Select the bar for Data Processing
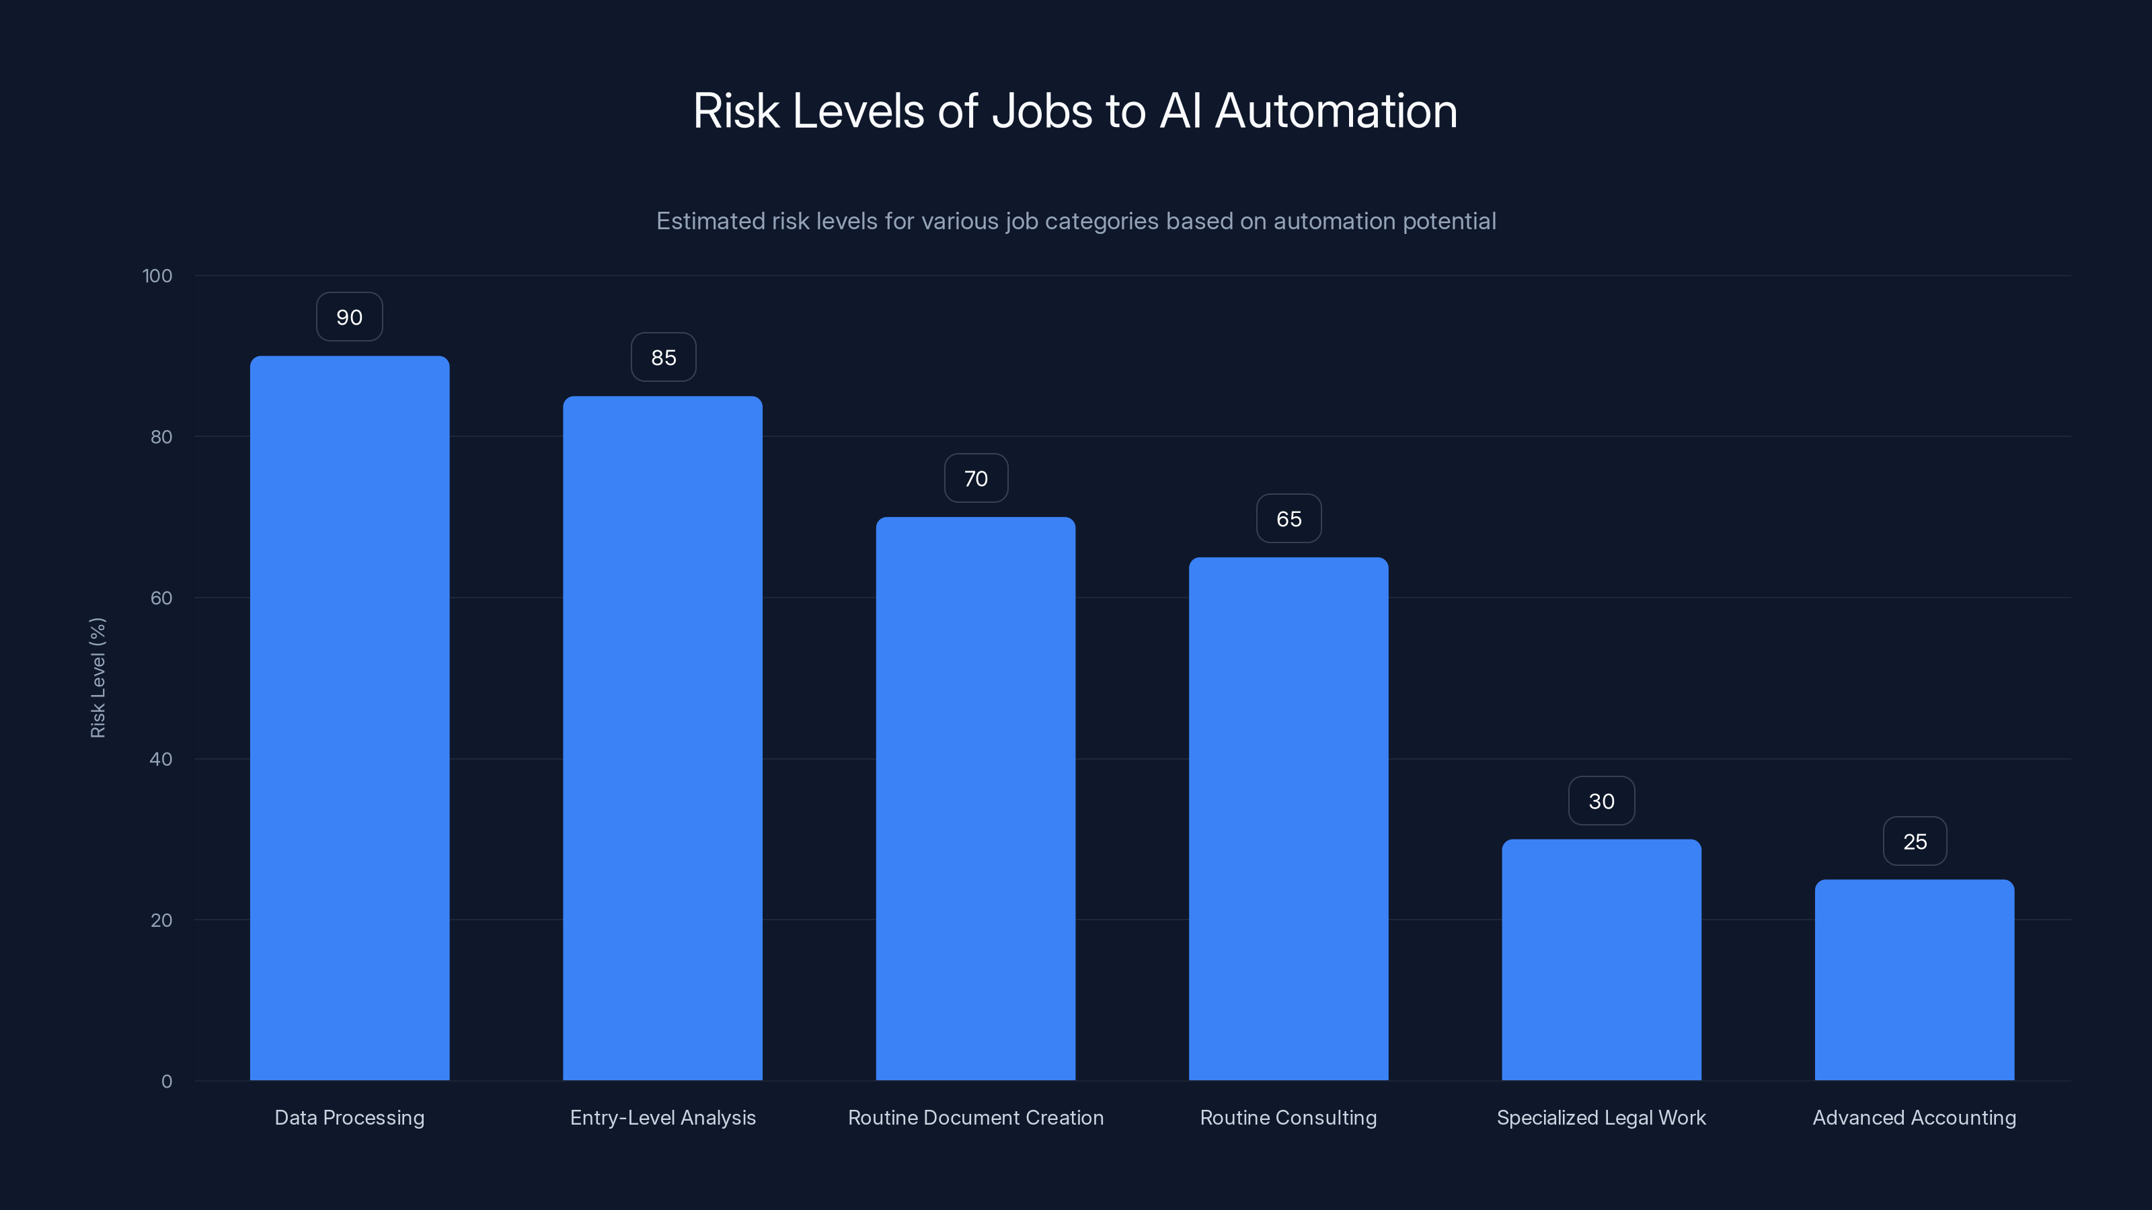[x=349, y=718]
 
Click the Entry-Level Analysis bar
[x=662, y=738]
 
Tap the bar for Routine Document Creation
[x=975, y=799]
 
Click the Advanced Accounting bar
[x=1914, y=979]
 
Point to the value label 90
[x=349, y=317]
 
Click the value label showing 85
[x=663, y=358]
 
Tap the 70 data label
[x=976, y=479]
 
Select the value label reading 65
[x=1289, y=518]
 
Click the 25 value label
[x=1915, y=842]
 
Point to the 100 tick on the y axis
[x=157, y=276]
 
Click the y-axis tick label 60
[x=161, y=598]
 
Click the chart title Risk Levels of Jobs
[x=1075, y=110]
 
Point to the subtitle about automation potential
[x=1076, y=221]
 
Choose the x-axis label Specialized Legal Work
[x=1601, y=1117]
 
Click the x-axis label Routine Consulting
[x=1289, y=1117]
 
